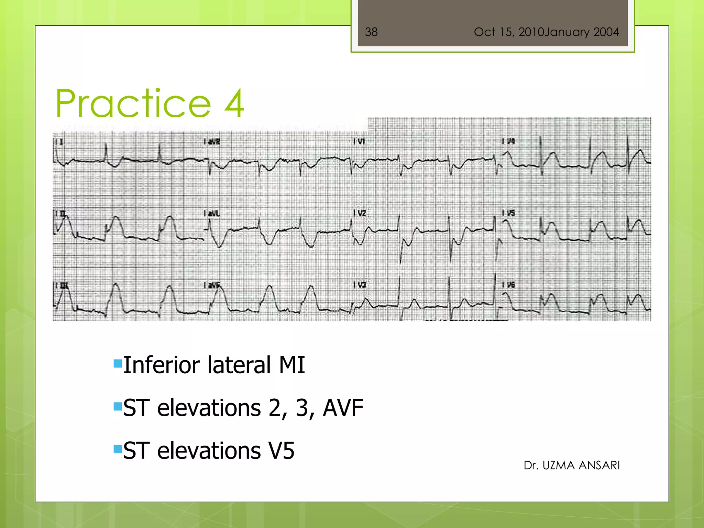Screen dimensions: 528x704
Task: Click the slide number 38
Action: click(371, 32)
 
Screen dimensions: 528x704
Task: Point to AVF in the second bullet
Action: click(343, 408)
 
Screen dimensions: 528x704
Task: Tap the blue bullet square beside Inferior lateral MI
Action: click(118, 363)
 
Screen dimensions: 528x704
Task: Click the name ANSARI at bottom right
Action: click(599, 465)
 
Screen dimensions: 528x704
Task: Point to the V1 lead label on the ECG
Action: click(360, 141)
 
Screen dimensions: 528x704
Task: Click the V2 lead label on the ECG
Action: click(361, 213)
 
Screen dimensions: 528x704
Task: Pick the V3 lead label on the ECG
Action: click(361, 285)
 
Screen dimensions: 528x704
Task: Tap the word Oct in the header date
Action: click(484, 32)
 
